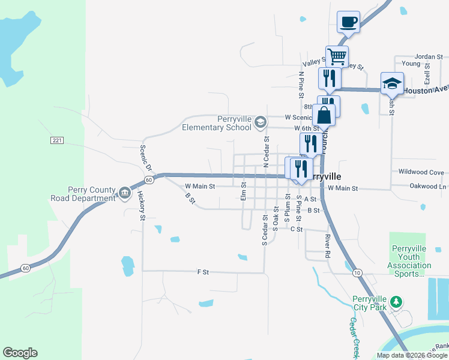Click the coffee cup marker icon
[349, 23]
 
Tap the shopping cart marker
[337, 57]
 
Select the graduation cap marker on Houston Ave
[392, 83]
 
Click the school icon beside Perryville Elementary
[260, 123]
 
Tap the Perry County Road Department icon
[124, 193]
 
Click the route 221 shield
[57, 140]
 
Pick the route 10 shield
[358, 273]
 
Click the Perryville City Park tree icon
[395, 301]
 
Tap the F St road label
[202, 272]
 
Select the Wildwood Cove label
[421, 172]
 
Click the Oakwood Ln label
[427, 186]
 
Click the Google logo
[20, 353]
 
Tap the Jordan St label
[428, 56]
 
